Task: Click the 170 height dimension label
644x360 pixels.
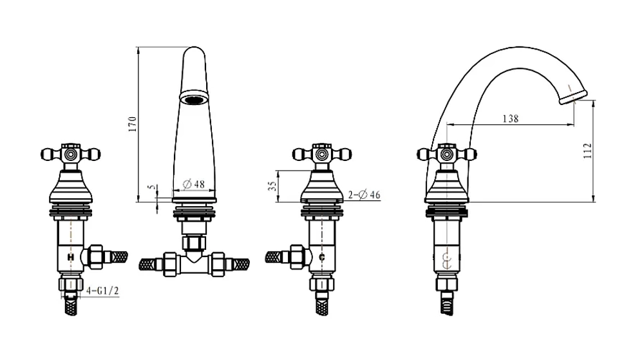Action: coord(132,124)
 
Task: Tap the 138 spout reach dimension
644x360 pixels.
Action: coord(511,118)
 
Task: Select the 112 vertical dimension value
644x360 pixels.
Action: coord(588,151)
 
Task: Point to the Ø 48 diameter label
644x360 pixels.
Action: coord(193,184)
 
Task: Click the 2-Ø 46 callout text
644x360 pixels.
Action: coord(365,194)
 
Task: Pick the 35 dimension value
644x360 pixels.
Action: coord(272,186)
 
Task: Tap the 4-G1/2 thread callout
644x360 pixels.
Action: coord(102,291)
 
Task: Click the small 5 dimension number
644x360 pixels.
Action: coord(153,187)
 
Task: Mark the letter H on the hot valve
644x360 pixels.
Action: coord(71,258)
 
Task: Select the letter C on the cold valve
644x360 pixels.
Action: coord(322,258)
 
